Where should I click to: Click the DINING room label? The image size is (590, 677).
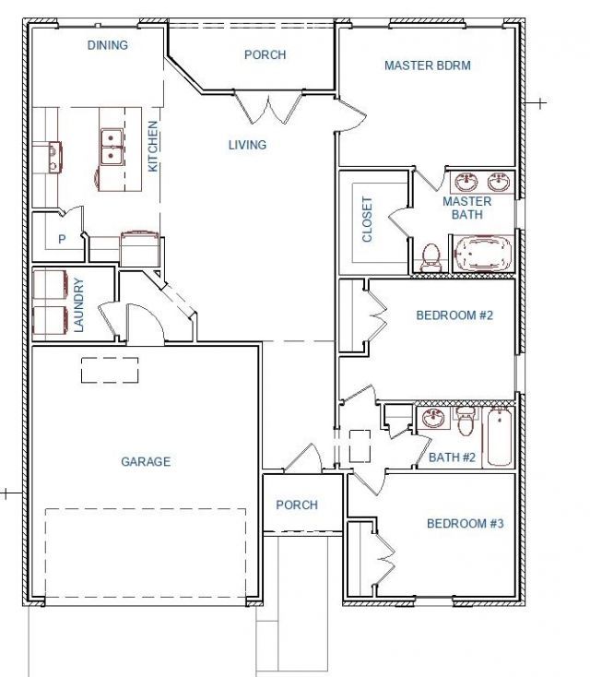[108, 45]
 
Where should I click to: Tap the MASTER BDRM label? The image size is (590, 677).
[427, 65]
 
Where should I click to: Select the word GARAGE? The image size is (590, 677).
[146, 461]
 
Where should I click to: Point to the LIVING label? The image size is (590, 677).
[247, 145]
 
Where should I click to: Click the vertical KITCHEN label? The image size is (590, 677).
[153, 147]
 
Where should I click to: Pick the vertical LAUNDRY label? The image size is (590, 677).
[78, 304]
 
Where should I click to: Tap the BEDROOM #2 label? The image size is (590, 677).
[454, 315]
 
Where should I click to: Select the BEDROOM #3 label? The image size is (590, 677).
[466, 523]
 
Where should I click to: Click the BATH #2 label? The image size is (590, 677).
[452, 457]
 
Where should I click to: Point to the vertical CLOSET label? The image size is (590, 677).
[366, 220]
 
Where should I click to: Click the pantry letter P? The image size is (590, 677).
[62, 239]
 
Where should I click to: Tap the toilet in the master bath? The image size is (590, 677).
[431, 257]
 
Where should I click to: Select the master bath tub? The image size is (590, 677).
[483, 254]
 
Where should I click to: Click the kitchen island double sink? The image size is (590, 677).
[112, 147]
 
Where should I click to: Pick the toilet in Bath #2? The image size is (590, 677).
[466, 421]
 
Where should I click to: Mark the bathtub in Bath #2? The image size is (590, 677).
[499, 437]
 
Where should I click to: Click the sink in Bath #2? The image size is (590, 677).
[433, 419]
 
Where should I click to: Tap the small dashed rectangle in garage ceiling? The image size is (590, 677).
[110, 370]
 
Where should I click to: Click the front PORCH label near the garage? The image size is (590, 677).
[297, 505]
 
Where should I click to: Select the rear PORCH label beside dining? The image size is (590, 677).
[265, 54]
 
